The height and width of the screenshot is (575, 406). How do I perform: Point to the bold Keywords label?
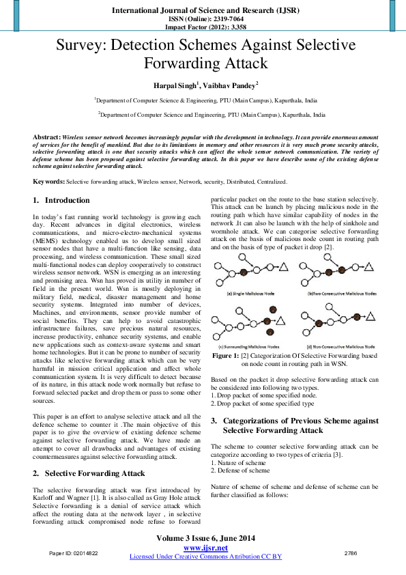[x=49, y=181]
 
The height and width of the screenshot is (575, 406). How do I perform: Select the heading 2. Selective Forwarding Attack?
[x=88, y=473]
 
